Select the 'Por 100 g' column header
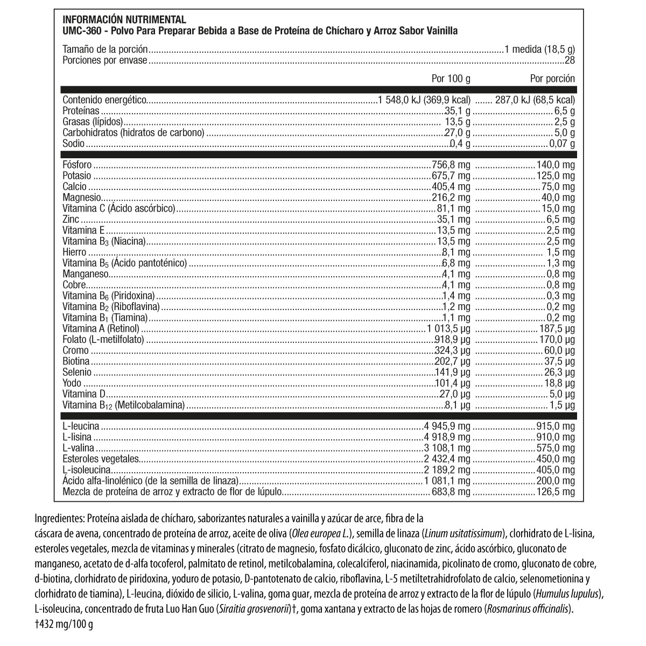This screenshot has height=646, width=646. [x=451, y=79]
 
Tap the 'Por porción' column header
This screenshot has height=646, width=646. [x=552, y=79]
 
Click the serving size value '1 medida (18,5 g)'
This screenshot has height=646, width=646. [x=539, y=50]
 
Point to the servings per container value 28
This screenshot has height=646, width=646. [x=570, y=60]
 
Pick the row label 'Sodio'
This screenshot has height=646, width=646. [x=74, y=144]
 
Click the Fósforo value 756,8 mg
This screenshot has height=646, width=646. [x=451, y=165]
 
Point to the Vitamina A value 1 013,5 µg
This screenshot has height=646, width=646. [x=447, y=328]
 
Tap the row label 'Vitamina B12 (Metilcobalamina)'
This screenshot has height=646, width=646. [x=124, y=405]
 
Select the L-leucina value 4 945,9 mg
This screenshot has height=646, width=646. [x=447, y=426]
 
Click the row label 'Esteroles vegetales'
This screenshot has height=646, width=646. [x=101, y=459]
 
